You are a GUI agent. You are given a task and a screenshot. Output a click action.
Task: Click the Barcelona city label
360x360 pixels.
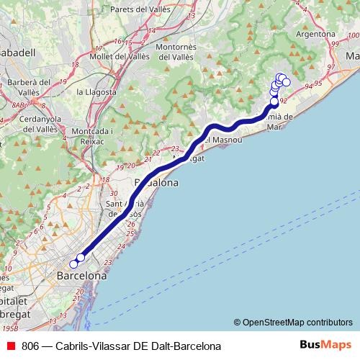81,276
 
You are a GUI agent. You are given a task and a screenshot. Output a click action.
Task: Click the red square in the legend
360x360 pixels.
10,346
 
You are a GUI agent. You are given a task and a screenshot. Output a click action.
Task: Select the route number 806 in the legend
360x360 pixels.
30,346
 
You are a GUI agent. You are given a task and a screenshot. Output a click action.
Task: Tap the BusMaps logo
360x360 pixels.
320,346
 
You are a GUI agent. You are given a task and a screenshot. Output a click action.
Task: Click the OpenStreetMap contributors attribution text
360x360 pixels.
297,323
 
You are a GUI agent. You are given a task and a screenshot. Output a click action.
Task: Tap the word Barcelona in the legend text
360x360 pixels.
195,346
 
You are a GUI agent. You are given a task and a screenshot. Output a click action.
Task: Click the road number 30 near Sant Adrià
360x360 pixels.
113,193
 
